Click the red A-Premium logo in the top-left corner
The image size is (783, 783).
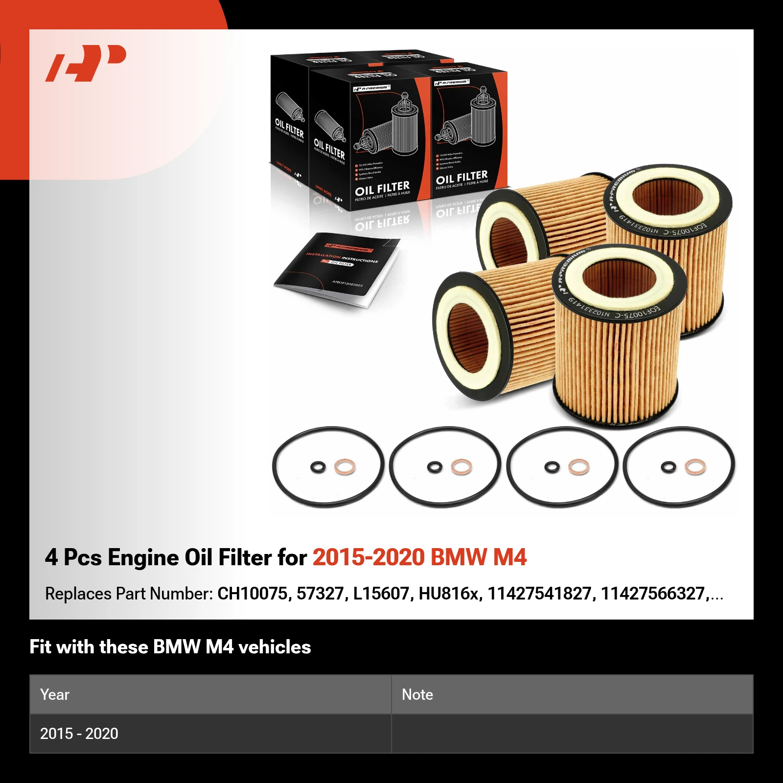click(86, 63)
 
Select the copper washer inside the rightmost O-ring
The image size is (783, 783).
click(695, 467)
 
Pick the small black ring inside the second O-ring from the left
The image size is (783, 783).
click(434, 467)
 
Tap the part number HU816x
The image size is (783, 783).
click(448, 594)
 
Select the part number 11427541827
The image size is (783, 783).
click(539, 594)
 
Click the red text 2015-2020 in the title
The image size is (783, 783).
click(368, 557)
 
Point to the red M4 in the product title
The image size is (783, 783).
click(509, 557)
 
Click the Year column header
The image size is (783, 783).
click(55, 694)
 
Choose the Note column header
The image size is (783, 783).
click(417, 694)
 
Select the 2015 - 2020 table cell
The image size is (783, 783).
click(79, 734)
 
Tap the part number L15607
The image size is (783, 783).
click(381, 594)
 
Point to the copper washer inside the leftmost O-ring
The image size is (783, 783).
click(345, 467)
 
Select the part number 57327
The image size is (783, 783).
click(320, 594)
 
